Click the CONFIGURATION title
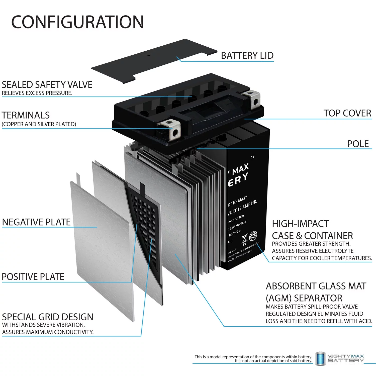(77, 22)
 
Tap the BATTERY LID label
(247, 55)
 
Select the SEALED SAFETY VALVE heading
(47, 85)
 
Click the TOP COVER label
(347, 113)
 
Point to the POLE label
(358, 144)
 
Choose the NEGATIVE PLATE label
(36, 222)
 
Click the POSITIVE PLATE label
(33, 277)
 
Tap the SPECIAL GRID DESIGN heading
(47, 317)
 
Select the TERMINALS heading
(26, 115)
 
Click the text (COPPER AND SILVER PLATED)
(39, 124)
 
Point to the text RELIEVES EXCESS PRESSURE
(37, 93)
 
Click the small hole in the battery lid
(148, 55)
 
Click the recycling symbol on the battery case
(253, 236)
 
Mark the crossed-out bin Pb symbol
(244, 239)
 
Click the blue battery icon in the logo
(320, 358)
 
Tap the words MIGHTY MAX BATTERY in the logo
(345, 358)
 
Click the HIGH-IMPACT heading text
(300, 224)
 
